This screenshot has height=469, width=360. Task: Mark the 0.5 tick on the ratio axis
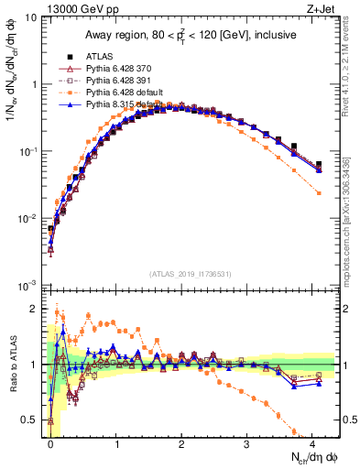coord(35,420)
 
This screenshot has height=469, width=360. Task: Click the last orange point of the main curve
coord(319,193)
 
